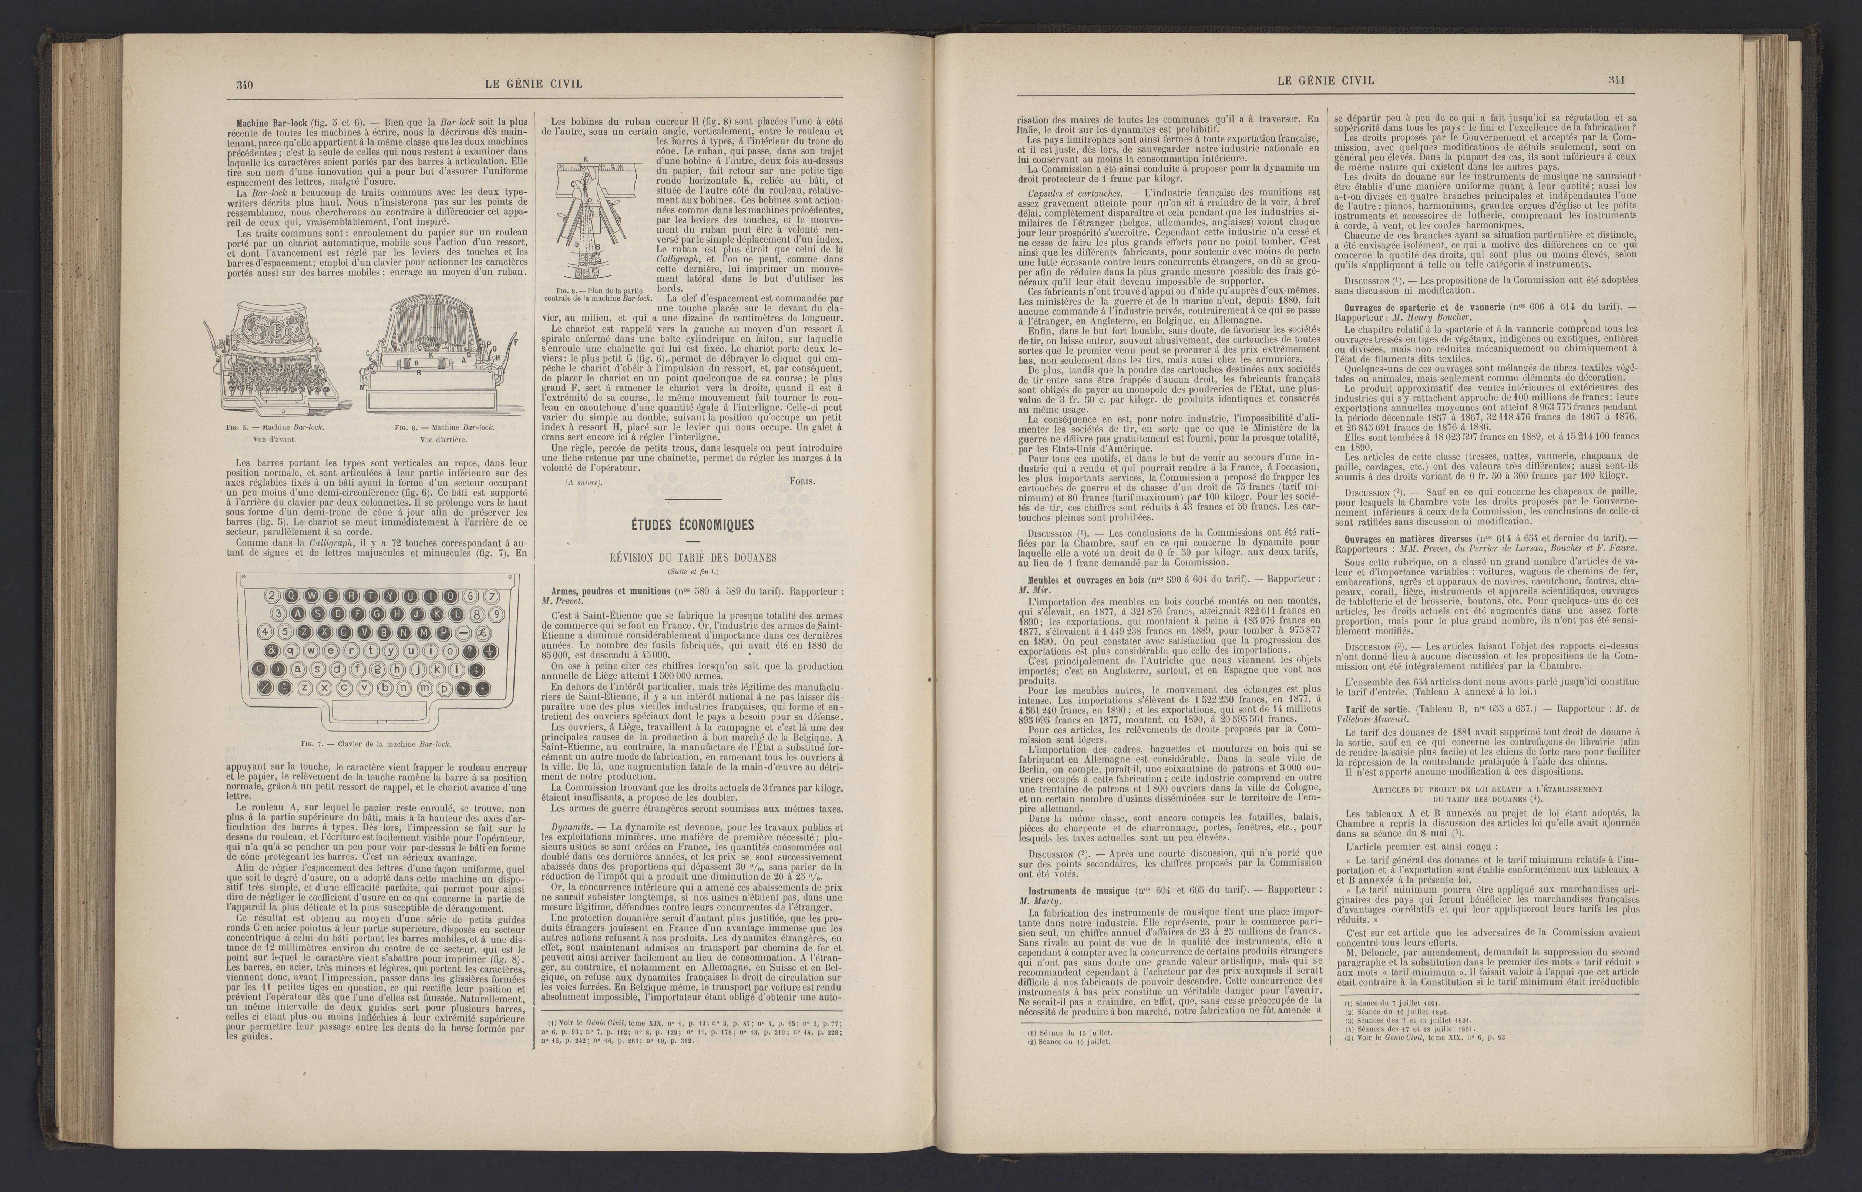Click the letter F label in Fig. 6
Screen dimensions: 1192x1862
(x=516, y=341)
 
